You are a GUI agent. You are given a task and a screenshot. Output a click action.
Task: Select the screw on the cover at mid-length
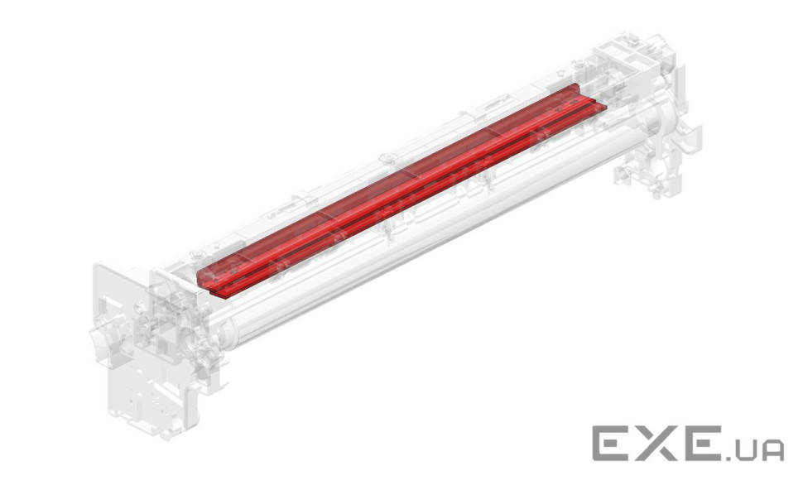(x=387, y=157)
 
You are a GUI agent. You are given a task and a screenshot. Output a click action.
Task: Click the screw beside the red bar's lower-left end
(x=195, y=254)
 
